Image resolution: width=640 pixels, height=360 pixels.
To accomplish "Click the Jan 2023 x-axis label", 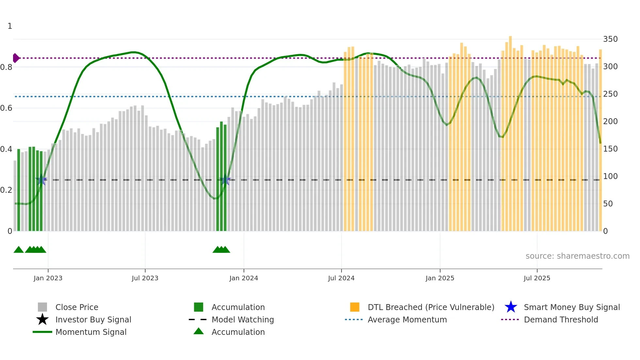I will point(48,278).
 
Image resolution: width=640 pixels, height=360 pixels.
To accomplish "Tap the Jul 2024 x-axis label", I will point(341,278).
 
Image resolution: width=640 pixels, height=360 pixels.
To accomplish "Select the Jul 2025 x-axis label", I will point(537,278).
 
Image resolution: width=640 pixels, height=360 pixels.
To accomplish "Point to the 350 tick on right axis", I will point(610,39).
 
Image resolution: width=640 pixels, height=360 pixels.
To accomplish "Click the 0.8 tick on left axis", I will point(6,67).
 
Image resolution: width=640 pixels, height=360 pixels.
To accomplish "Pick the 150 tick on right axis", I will point(610,149).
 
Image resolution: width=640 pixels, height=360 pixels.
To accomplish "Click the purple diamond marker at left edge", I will point(16,58).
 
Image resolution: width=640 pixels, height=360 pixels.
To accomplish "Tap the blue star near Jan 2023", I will point(41,180).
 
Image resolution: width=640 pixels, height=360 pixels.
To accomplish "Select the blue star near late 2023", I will point(225,180).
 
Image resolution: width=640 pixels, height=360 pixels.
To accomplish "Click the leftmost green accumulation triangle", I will point(19,250).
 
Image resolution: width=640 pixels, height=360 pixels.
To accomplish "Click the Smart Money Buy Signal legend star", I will point(511,307).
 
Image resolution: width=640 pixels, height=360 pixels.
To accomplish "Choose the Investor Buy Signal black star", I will point(42,319).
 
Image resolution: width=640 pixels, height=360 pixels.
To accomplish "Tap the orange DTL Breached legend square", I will point(355,307).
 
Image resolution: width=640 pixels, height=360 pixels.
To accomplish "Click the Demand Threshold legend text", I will point(561,319).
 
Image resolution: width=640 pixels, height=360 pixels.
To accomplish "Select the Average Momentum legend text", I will point(407,319).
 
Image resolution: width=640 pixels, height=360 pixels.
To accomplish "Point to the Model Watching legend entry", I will point(243,319).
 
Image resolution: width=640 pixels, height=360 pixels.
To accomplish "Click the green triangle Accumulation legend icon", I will point(199,332).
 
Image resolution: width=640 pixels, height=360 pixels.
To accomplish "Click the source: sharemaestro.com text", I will point(577,256).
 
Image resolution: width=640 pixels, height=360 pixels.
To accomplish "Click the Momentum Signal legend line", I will point(42,332).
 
